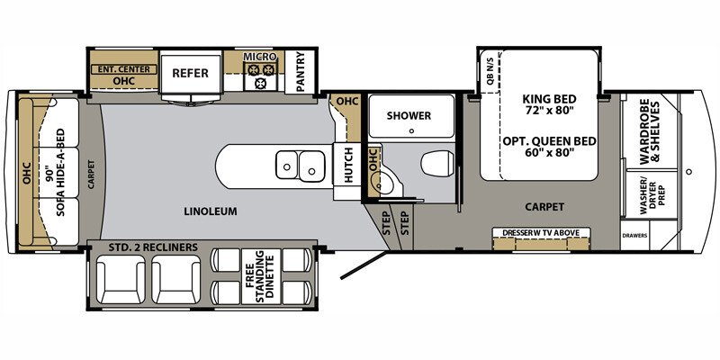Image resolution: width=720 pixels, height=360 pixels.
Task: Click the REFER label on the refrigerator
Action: [x=190, y=73]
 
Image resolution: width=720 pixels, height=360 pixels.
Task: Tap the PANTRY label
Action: [x=301, y=72]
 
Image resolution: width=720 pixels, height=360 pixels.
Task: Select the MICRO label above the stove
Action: [x=260, y=57]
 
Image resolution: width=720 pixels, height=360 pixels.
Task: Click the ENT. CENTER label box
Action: [x=123, y=69]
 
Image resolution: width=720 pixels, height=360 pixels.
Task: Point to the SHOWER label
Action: [x=409, y=116]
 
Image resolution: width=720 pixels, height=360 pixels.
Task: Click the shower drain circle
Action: [x=411, y=130]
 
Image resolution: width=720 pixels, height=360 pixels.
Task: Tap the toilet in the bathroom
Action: [x=437, y=164]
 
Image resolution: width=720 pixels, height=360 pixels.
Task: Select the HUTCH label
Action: [x=348, y=166]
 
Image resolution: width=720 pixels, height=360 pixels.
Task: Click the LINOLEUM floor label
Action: [x=211, y=211]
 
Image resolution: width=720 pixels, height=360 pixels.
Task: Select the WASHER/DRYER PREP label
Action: [x=652, y=196]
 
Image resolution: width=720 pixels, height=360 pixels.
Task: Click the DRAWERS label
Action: [x=635, y=236]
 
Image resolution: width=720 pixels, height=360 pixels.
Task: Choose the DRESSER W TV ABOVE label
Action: [x=541, y=233]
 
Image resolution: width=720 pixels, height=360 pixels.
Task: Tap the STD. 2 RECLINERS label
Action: [x=153, y=247]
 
